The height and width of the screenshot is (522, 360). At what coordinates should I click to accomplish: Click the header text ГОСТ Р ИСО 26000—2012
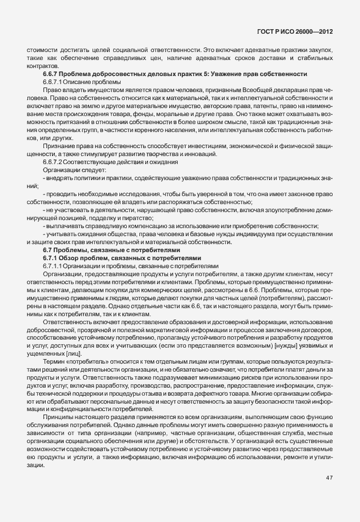[297, 33]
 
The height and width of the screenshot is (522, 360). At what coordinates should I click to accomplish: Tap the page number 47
[329, 478]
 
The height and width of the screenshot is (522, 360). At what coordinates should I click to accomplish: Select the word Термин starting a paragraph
[55, 362]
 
